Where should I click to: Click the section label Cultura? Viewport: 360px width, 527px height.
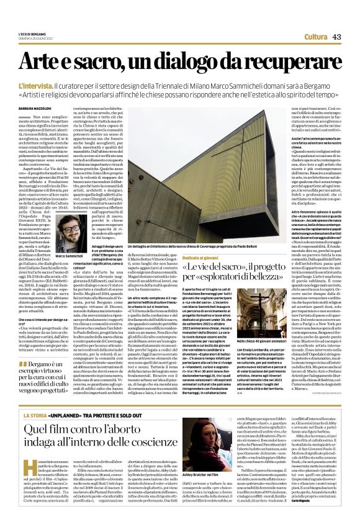tap(316, 37)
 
